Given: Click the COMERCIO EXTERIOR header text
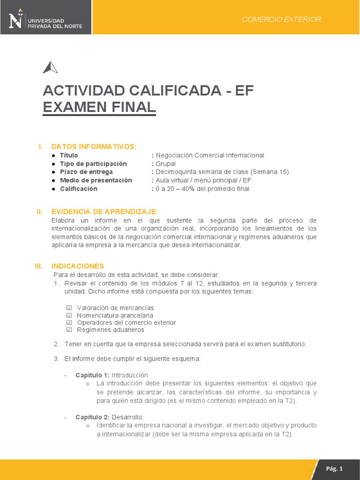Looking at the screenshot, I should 281,19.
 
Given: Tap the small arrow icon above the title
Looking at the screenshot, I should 50,68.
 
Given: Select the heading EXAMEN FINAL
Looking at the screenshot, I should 99,107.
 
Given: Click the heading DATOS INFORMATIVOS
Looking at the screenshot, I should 94,147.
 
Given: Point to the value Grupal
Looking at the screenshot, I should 165,164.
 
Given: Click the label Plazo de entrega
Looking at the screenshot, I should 86,172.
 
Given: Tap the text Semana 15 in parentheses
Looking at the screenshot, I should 270,172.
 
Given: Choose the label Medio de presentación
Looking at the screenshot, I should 96,180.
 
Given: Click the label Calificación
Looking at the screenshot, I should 78,189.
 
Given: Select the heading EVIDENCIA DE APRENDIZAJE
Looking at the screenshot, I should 105,212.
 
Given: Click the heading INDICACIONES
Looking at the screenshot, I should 78,266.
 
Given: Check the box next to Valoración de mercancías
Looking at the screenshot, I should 69,308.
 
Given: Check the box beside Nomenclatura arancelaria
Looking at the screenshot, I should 69,315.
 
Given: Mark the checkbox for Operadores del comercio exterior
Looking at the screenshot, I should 69,323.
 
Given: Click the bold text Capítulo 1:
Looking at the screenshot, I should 92,375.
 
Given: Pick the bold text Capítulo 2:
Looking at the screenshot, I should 92,417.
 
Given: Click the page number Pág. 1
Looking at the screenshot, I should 335,469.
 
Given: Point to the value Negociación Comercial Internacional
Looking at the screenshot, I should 210,155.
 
